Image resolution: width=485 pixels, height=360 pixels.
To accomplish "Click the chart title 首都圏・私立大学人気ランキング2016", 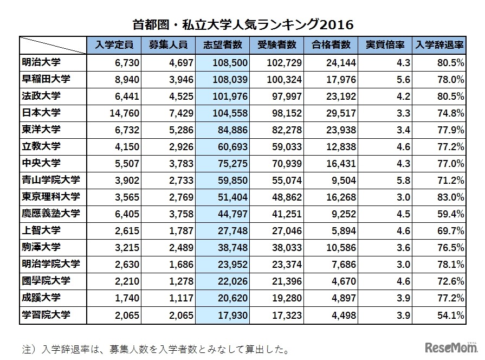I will (x=242, y=24).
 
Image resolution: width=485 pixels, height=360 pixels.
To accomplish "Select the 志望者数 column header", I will (x=223, y=45).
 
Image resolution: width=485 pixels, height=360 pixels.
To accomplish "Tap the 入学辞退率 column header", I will (x=438, y=45).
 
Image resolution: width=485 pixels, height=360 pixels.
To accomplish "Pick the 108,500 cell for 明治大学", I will (x=231, y=63).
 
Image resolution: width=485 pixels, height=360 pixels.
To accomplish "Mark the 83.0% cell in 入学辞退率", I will (x=451, y=197).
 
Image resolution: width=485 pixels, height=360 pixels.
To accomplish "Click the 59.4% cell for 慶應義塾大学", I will (x=451, y=214).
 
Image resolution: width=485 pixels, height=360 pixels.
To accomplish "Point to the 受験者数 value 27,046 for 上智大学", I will (x=287, y=231).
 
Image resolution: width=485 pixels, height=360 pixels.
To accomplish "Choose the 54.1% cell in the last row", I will (x=451, y=315).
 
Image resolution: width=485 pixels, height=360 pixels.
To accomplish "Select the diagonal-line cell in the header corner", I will (x=53, y=45).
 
